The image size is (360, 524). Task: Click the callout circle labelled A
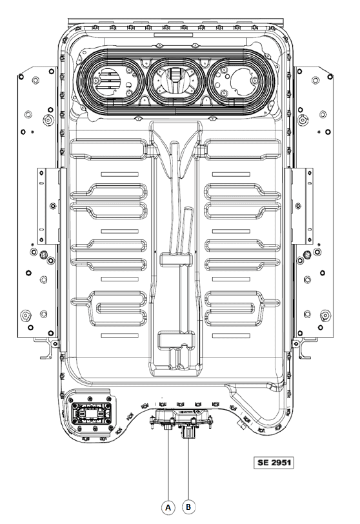168,507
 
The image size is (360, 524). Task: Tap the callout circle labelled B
188,507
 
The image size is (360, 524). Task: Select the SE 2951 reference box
274,463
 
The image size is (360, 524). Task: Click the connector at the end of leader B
188,432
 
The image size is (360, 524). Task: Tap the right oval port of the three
241,81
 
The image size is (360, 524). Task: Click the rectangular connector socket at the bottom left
91,414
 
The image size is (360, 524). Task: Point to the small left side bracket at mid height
52,206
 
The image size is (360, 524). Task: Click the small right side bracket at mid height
299,206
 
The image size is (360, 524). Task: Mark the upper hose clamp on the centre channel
176,259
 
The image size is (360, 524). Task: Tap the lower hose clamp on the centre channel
176,340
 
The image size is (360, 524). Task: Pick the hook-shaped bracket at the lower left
48,348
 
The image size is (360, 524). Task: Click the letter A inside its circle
168,508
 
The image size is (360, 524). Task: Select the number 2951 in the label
281,463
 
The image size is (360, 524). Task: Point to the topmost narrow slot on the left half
119,174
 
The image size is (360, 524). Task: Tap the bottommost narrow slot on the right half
231,336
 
